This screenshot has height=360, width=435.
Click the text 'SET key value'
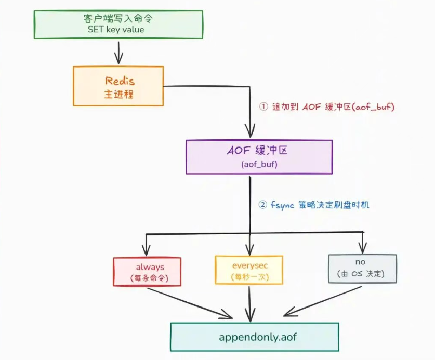[116, 30]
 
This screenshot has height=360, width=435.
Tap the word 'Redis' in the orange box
[120, 81]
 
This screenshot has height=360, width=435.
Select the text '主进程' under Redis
[120, 94]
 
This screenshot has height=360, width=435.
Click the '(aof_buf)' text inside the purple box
[259, 164]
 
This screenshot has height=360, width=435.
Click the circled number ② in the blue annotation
[263, 205]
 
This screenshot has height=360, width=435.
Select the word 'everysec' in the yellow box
[250, 265]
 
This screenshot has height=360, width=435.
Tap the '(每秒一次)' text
[249, 277]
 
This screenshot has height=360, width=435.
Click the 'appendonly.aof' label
[255, 336]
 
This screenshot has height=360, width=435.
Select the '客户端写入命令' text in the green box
[116, 18]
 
